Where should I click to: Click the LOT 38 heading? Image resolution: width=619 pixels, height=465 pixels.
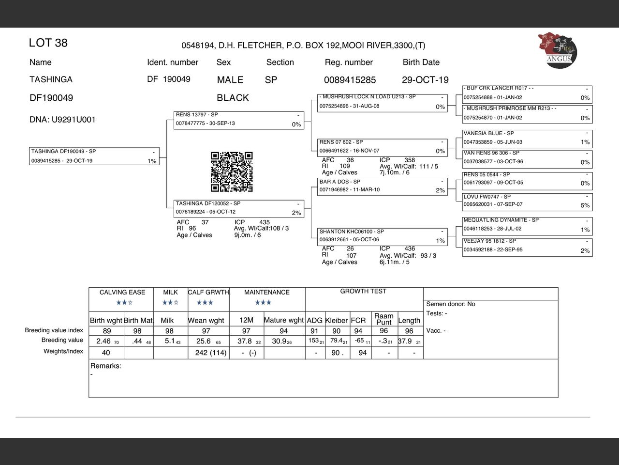[48, 43]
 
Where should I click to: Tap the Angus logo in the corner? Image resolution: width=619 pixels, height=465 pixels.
[558, 50]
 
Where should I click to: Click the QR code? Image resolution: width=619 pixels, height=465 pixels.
[232, 172]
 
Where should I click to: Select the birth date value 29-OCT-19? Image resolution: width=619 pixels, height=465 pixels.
[425, 80]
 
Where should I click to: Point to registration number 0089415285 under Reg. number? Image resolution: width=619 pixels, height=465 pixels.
[350, 80]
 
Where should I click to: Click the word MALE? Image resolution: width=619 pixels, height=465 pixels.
[230, 80]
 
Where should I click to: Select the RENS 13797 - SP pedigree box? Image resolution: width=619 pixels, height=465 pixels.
[239, 120]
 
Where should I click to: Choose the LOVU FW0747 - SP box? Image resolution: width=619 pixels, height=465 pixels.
[527, 201]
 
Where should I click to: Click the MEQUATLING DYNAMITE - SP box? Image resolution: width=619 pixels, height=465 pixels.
[527, 225]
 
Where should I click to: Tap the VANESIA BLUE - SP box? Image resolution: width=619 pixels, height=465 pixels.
[527, 138]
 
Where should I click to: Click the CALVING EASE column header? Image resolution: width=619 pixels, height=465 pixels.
[122, 293]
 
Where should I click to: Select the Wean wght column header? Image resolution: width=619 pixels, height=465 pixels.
[206, 320]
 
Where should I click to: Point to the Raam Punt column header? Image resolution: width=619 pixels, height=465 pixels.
[383, 319]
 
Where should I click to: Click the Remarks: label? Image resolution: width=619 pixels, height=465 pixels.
[106, 366]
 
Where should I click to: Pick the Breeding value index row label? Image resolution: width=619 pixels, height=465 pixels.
[54, 330]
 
